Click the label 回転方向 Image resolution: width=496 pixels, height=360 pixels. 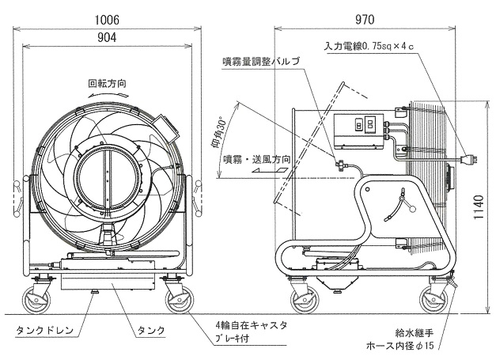pyautogui.click(x=107, y=82)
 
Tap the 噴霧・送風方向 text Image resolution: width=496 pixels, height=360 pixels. pyautogui.click(x=256, y=160)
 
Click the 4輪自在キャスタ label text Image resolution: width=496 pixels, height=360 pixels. pyautogui.click(x=251, y=325)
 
